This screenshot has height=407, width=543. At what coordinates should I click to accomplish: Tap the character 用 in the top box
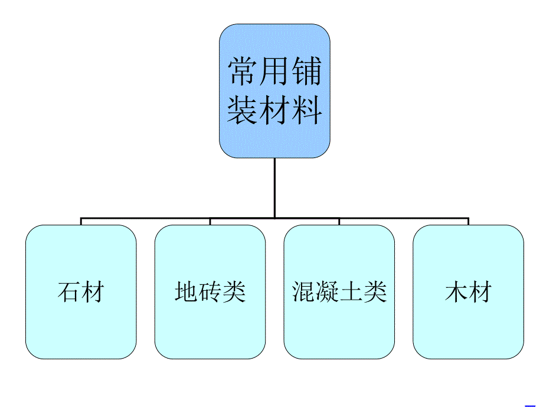tap(274, 72)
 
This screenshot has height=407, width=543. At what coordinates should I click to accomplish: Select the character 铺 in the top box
tap(306, 72)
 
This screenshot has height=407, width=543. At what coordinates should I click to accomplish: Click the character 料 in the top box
tap(306, 110)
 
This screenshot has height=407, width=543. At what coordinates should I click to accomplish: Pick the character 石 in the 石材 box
tap(69, 292)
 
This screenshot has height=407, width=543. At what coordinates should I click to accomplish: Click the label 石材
tap(81, 292)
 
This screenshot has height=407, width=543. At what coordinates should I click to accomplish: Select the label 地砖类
tap(210, 292)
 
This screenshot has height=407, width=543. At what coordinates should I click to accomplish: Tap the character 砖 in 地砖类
tap(210, 292)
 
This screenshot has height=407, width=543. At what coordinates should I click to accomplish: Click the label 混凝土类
tap(339, 292)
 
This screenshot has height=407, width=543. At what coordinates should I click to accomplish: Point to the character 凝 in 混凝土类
tap(328, 292)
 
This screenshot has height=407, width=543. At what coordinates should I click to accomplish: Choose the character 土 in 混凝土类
tap(351, 292)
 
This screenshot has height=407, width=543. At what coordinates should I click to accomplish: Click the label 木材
tap(468, 292)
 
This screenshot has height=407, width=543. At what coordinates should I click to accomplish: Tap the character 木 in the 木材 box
tap(456, 292)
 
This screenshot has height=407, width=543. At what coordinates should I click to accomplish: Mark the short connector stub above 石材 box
tap(81, 221)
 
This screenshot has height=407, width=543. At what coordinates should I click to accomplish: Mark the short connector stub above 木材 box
tap(468, 221)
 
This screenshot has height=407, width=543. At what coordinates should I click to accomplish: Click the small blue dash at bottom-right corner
tap(530, 405)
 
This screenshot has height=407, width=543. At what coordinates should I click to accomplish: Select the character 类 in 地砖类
tap(234, 292)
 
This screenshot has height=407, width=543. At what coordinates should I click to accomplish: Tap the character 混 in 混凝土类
tap(304, 292)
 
